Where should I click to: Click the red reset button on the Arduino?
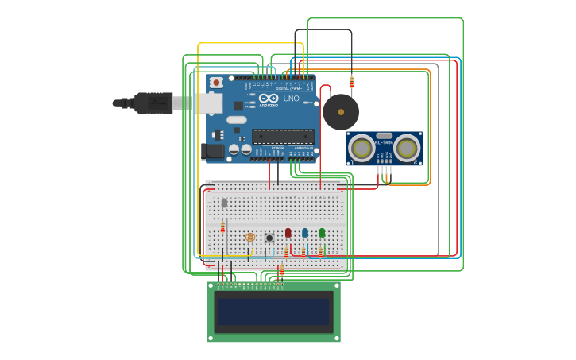(216, 82)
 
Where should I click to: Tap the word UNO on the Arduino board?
(291, 99)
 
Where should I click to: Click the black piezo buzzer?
(340, 112)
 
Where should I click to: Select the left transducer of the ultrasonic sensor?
(362, 148)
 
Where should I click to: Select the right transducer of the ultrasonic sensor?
(407, 148)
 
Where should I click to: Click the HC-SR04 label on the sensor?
(385, 142)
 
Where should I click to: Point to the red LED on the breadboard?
(288, 233)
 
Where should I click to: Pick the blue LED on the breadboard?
(304, 233)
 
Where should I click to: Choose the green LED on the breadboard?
(322, 233)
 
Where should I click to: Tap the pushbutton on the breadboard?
(269, 238)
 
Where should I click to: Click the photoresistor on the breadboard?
(251, 237)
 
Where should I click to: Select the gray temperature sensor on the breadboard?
(224, 203)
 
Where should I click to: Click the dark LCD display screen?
(274, 312)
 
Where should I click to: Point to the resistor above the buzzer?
(352, 82)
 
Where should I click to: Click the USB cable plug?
(154, 103)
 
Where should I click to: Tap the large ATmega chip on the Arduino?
(283, 136)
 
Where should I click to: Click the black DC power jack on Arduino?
(212, 150)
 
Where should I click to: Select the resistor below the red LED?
(286, 251)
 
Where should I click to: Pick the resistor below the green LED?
(320, 252)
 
